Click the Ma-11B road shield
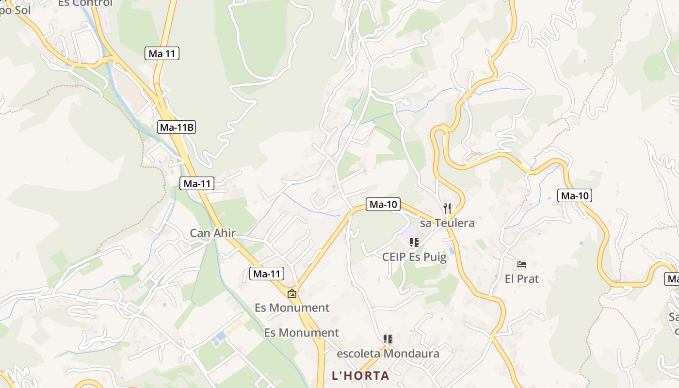pyautogui.click(x=177, y=128)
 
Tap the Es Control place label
pyautogui.click(x=85, y=3)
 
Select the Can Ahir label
pyautogui.click(x=212, y=233)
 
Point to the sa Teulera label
pyautogui.click(x=447, y=223)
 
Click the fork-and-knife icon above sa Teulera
pyautogui.click(x=447, y=209)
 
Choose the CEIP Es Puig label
pyautogui.click(x=414, y=257)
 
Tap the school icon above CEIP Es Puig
pyautogui.click(x=414, y=242)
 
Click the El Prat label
pyautogui.click(x=522, y=279)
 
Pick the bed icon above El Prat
pyautogui.click(x=522, y=264)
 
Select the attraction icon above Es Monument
pyautogui.click(x=292, y=293)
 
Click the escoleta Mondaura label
pyautogui.click(x=388, y=354)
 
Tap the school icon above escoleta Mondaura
pyautogui.click(x=388, y=339)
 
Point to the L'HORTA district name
pyautogui.click(x=360, y=375)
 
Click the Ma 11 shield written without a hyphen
pyautogui.click(x=162, y=53)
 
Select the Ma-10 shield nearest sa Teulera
pyautogui.click(x=383, y=204)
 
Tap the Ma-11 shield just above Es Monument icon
pyautogui.click(x=267, y=274)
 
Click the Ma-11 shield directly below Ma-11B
pyautogui.click(x=196, y=183)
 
